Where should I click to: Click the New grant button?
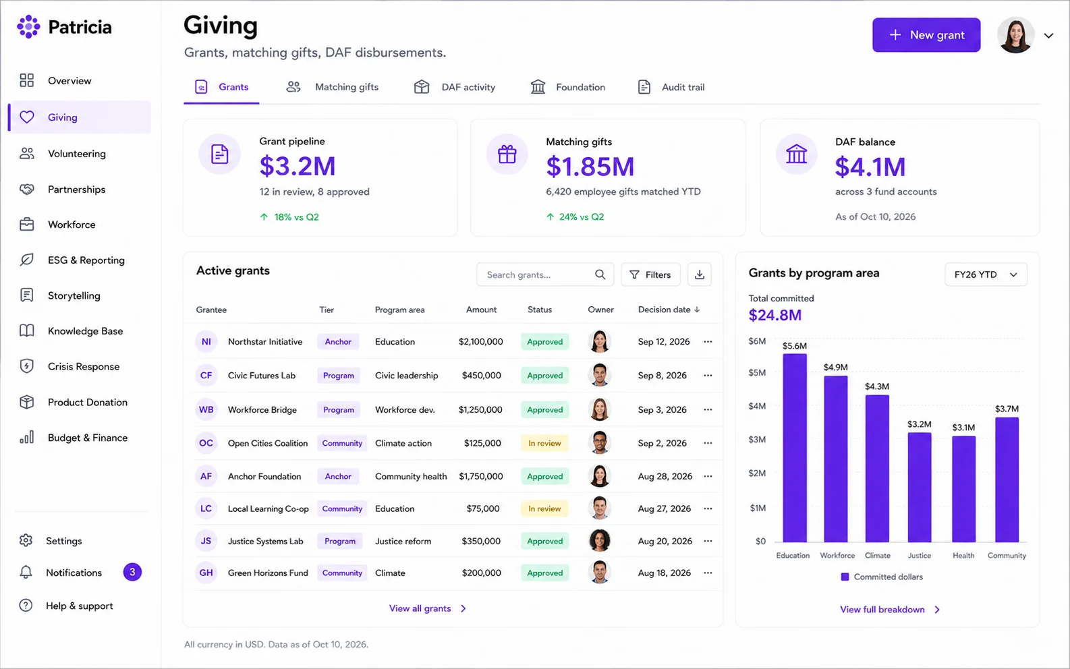pyautogui.click(x=926, y=35)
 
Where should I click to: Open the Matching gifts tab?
pyautogui.click(x=333, y=87)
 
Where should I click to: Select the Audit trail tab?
pyautogui.click(x=671, y=87)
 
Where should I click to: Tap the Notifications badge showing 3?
pyautogui.click(x=132, y=572)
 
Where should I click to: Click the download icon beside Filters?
pyautogui.click(x=700, y=274)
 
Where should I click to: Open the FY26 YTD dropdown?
pyautogui.click(x=986, y=274)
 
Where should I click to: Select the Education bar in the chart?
pyautogui.click(x=795, y=448)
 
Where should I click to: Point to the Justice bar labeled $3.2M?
pyautogui.click(x=920, y=487)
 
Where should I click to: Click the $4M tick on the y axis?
pyautogui.click(x=757, y=406)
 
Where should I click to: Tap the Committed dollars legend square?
pyautogui.click(x=845, y=577)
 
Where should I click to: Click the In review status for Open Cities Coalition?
pyautogui.click(x=544, y=443)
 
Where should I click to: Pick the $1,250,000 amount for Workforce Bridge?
pyautogui.click(x=480, y=410)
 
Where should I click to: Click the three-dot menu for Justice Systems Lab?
pyautogui.click(x=708, y=541)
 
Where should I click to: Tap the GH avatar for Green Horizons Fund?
pyautogui.click(x=206, y=573)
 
